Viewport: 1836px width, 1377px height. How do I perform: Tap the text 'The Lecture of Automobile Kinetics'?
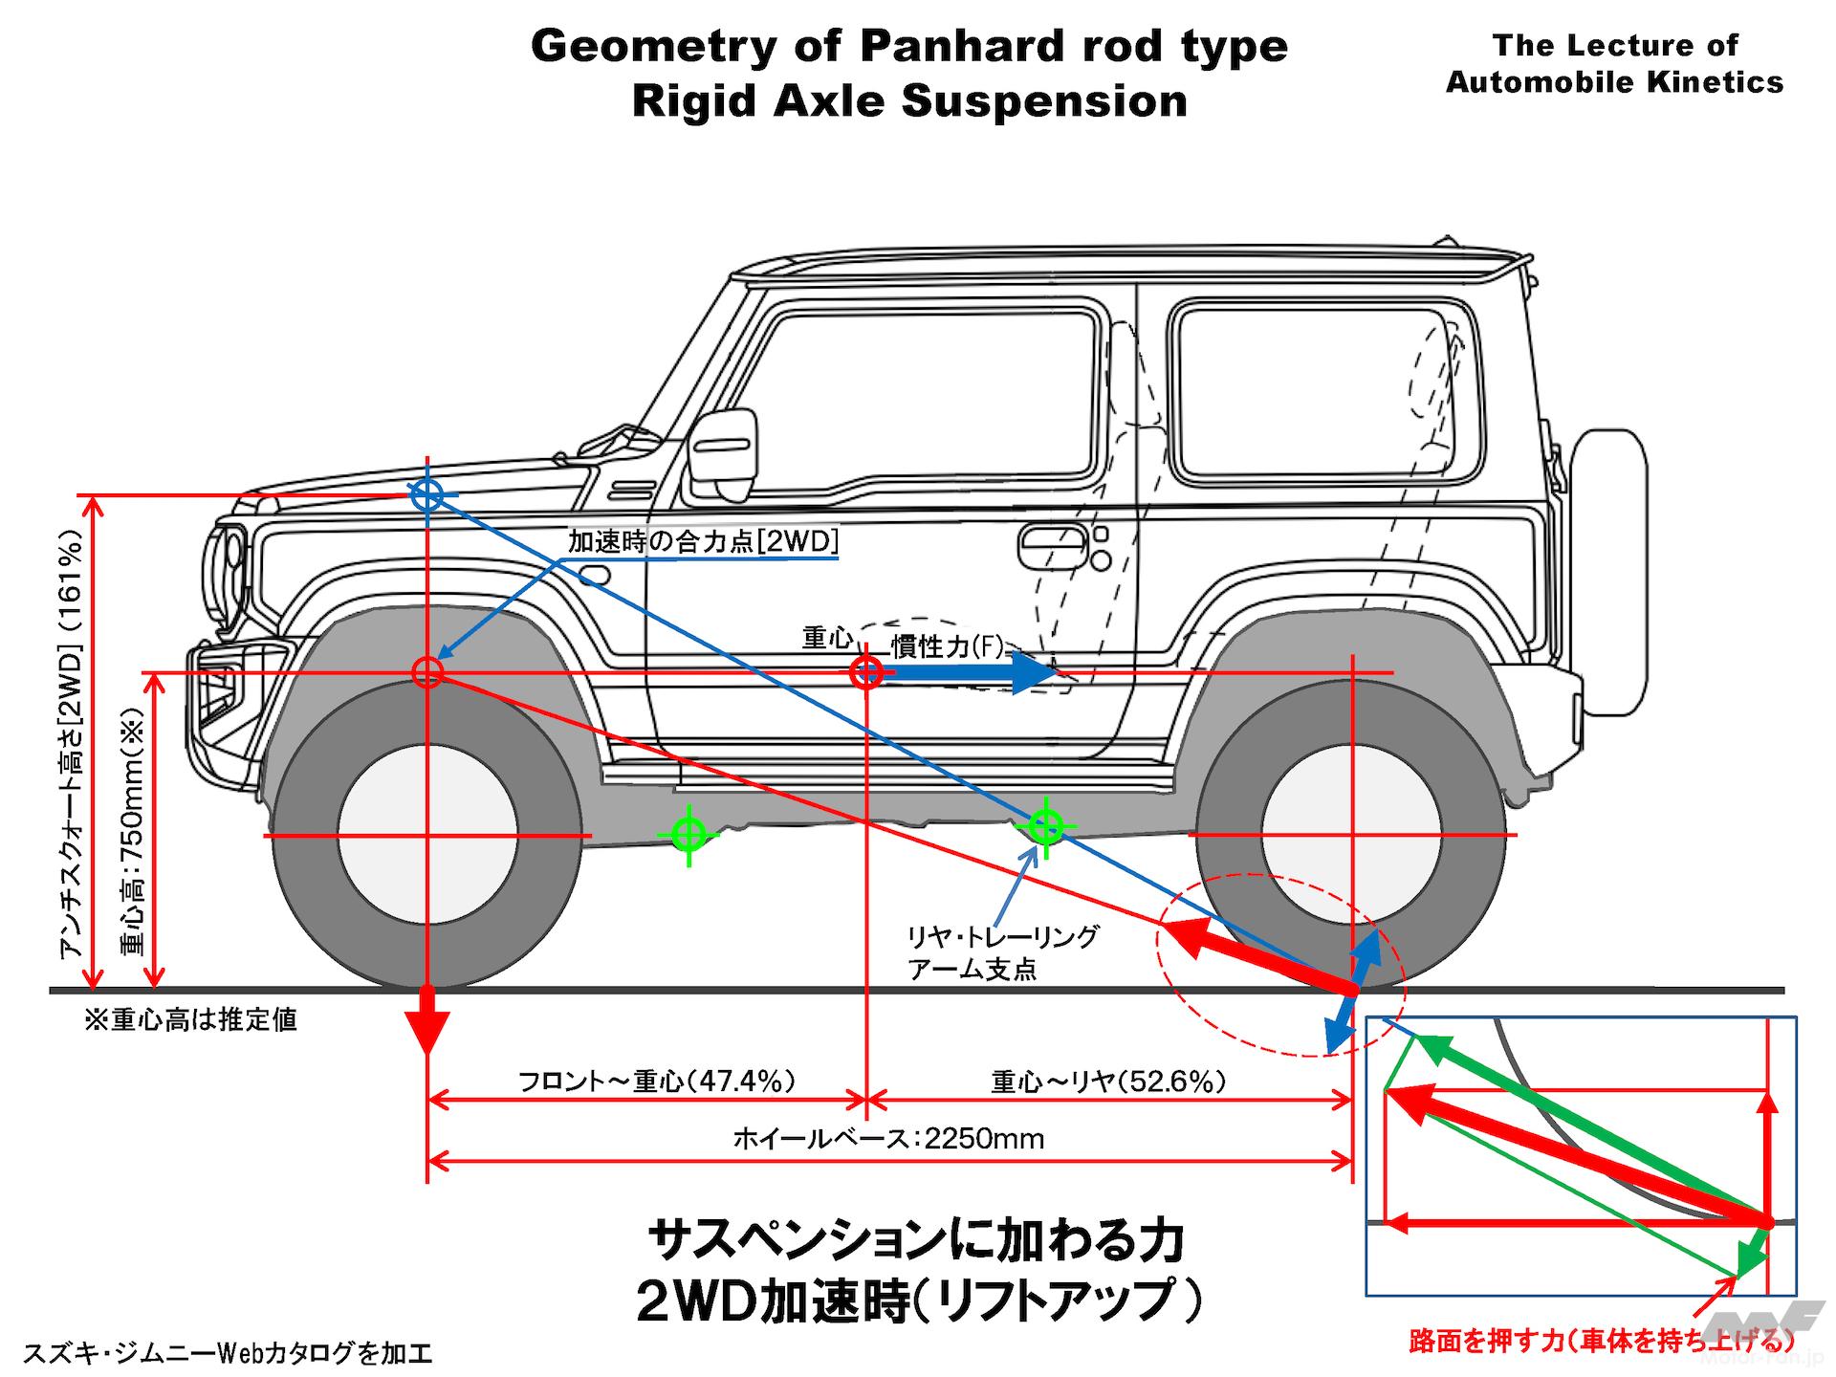pyautogui.click(x=1614, y=63)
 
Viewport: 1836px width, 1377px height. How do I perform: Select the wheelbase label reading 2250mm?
pyautogui.click(x=888, y=1139)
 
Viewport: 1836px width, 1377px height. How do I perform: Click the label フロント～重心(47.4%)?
pyautogui.click(x=657, y=1082)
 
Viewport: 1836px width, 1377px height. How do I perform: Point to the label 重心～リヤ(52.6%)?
pyautogui.click(x=1108, y=1082)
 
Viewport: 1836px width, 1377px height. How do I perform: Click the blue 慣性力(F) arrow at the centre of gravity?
pyautogui.click(x=966, y=672)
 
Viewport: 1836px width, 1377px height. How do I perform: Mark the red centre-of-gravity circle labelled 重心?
pyautogui.click(x=865, y=672)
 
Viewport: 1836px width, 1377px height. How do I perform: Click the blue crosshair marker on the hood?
pyautogui.click(x=426, y=495)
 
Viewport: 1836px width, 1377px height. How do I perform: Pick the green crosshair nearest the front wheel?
pyautogui.click(x=688, y=834)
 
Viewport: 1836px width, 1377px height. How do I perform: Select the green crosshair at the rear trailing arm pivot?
pyautogui.click(x=1045, y=825)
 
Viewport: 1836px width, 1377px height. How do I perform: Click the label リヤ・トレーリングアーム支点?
pyautogui.click(x=1002, y=952)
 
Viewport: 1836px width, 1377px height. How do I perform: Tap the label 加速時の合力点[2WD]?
pyautogui.click(x=703, y=542)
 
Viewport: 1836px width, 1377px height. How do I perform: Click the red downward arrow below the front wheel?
pyautogui.click(x=426, y=1021)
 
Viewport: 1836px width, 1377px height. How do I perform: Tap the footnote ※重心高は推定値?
pyautogui.click(x=191, y=1020)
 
